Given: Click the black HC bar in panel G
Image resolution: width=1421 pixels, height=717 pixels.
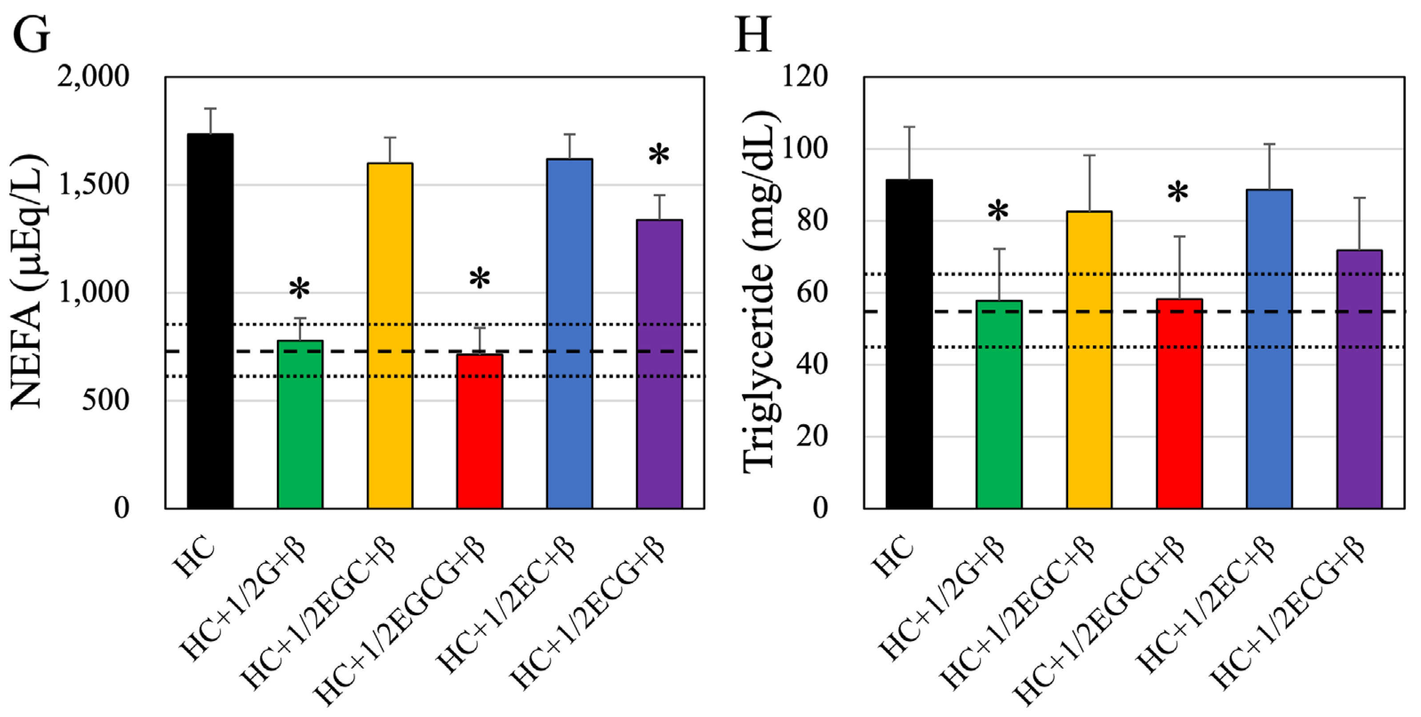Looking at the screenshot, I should (210, 320).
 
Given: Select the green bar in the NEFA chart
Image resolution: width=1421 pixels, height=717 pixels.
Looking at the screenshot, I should (300, 425).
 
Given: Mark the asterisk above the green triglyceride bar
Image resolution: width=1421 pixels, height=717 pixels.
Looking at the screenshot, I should (998, 212).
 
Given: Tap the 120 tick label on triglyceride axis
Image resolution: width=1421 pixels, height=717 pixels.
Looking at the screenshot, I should (805, 77).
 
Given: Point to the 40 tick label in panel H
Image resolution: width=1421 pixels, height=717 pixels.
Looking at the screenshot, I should (812, 365).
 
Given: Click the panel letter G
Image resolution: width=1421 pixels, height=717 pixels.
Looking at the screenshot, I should (31, 34).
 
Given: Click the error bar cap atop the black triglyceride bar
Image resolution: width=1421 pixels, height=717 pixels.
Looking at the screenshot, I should (909, 127).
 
